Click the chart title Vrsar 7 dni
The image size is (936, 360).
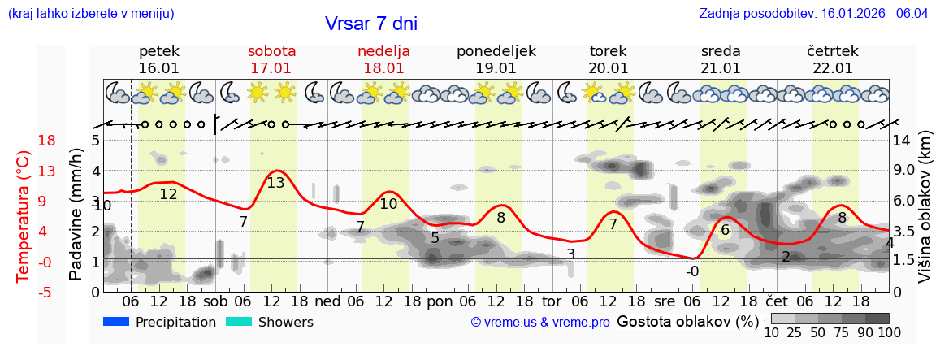tap(370, 24)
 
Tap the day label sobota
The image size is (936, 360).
tap(271, 51)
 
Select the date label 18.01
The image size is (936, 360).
tap(383, 68)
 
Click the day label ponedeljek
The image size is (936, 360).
tap(496, 51)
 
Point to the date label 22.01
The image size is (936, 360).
tap(833, 68)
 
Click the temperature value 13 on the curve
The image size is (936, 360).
tap(275, 183)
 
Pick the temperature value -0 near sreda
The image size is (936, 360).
tap(691, 271)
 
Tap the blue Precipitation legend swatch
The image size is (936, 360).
tap(117, 322)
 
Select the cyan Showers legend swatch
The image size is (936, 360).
tap(239, 322)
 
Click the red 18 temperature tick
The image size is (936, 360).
tap(24, 141)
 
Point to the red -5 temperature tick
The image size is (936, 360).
tap(24, 292)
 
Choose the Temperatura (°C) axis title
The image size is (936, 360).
tap(23, 215)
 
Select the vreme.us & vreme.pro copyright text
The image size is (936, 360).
tap(540, 323)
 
